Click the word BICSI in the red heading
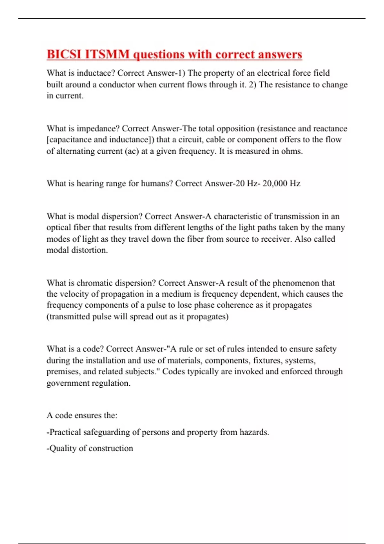(64, 54)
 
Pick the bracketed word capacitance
(69, 140)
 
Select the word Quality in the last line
(63, 449)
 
